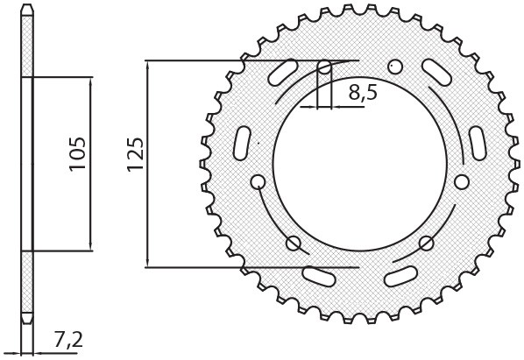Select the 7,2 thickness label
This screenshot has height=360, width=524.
pos(69,338)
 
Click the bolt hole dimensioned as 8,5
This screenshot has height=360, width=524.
pos(324,67)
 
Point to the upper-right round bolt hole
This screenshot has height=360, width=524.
pos(395,67)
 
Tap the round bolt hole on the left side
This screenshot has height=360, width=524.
pos(258,181)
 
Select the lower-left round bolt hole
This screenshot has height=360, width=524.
pos(294,243)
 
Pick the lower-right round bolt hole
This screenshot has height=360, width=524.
pos(427,243)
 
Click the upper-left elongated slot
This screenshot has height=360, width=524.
pos(285,71)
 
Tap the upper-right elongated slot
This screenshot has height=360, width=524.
pos(435,71)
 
